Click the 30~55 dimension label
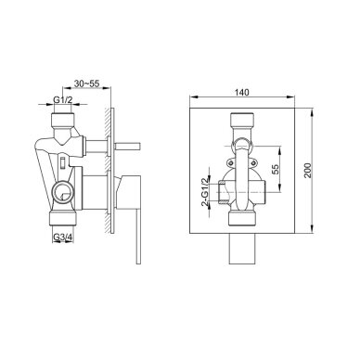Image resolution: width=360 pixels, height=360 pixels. pyautogui.click(x=86, y=84)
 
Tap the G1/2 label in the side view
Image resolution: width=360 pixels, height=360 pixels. pyautogui.click(x=63, y=100)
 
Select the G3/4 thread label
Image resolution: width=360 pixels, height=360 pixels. pyautogui.click(x=63, y=238)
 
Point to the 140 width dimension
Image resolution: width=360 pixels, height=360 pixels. pyautogui.click(x=241, y=93)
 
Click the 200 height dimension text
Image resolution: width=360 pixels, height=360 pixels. pyautogui.click(x=307, y=170)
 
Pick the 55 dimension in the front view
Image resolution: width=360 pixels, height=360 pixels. pyautogui.click(x=275, y=169)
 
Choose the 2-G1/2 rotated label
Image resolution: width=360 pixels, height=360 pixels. pyautogui.click(x=205, y=192)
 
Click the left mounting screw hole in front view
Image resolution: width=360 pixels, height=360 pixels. pyautogui.click(x=230, y=162)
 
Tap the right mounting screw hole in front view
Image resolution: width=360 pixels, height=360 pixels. pyautogui.click(x=253, y=162)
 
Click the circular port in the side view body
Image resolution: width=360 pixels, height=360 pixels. pyautogui.click(x=62, y=192)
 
